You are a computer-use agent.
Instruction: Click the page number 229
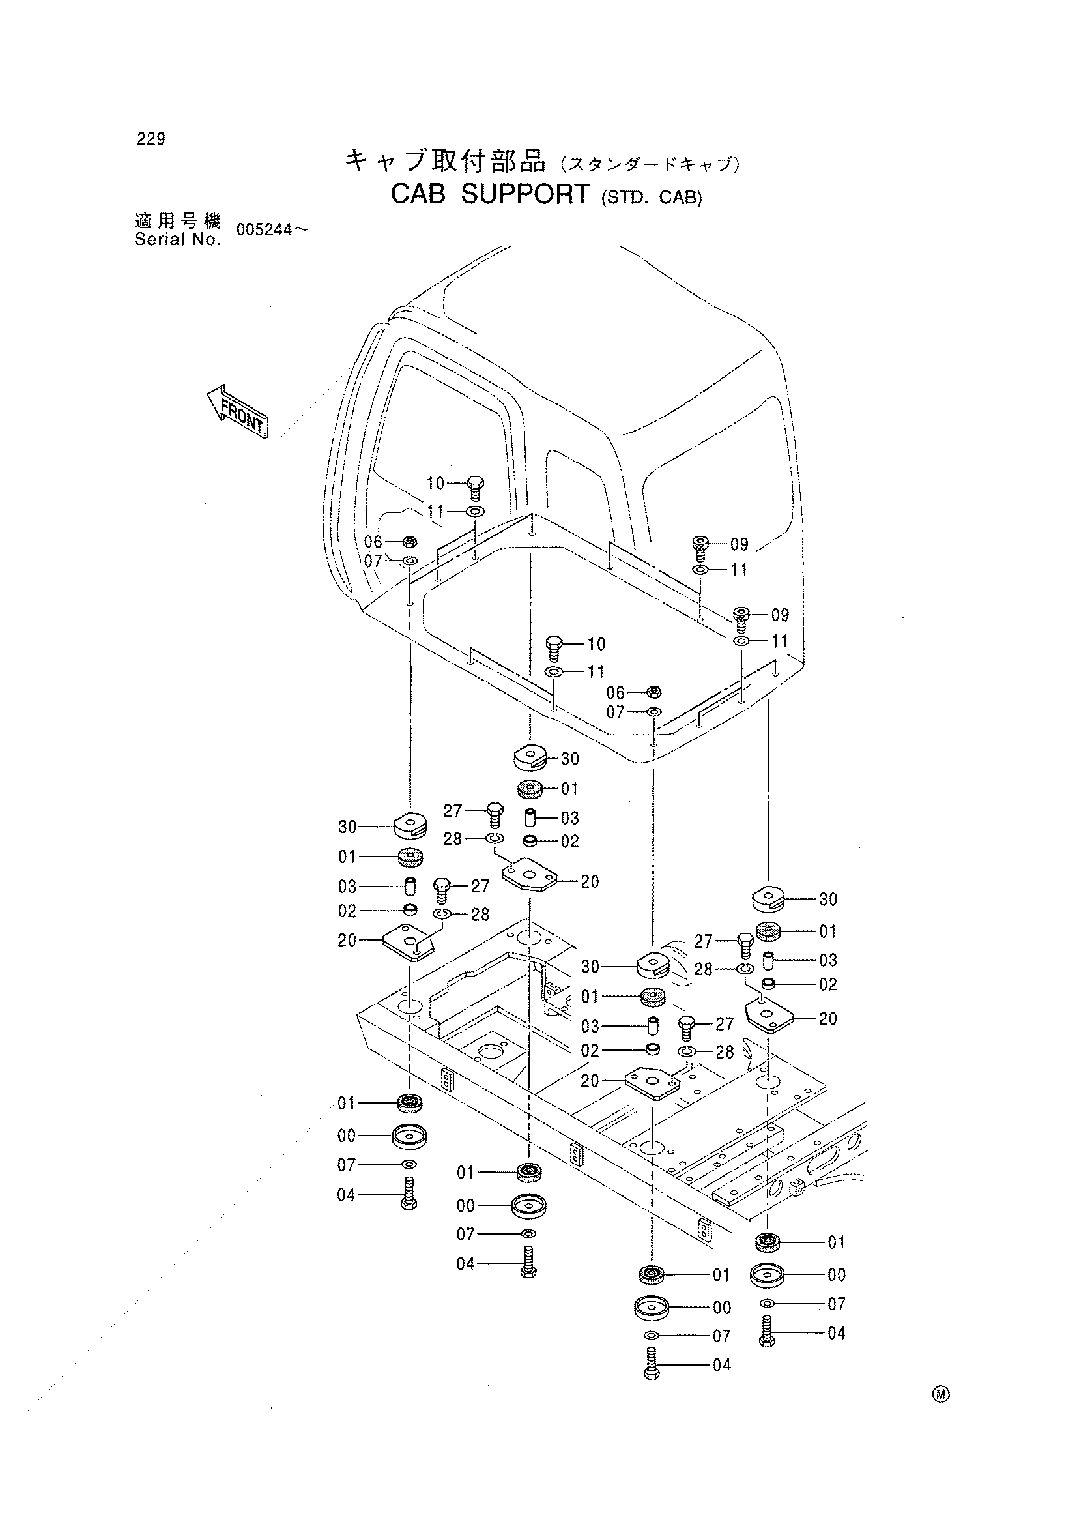click(x=151, y=139)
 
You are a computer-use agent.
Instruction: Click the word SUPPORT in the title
click(x=524, y=194)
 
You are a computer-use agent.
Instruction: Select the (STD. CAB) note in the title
click(x=651, y=198)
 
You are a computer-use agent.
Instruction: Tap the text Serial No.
click(x=177, y=240)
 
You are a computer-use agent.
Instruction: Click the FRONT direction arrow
click(x=237, y=411)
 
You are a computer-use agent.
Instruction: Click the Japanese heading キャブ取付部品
click(x=445, y=161)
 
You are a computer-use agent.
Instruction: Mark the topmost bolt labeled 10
click(x=476, y=488)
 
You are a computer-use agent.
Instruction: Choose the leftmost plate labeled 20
click(x=409, y=942)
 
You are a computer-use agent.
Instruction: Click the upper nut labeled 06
click(x=410, y=541)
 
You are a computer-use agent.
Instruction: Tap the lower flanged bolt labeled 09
click(x=741, y=619)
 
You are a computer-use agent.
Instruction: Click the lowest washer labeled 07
click(x=652, y=1336)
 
